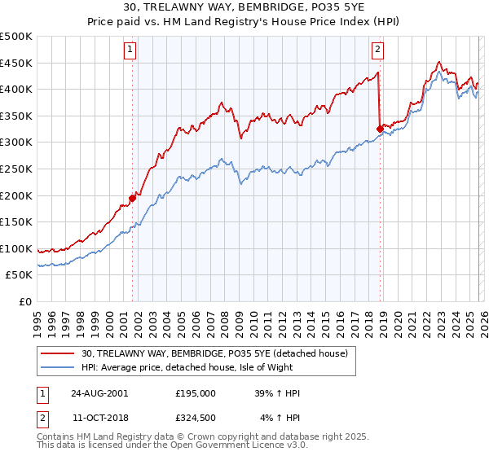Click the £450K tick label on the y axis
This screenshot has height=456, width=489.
tap(16, 63)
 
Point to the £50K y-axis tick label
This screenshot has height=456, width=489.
tap(19, 275)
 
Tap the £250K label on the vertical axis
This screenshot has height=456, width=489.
tap(16, 169)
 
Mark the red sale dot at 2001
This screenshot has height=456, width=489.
tap(132, 198)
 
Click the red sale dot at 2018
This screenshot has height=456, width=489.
tap(380, 129)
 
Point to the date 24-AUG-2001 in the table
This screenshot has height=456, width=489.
tap(99, 393)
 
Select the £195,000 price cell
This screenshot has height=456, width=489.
tap(196, 393)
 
